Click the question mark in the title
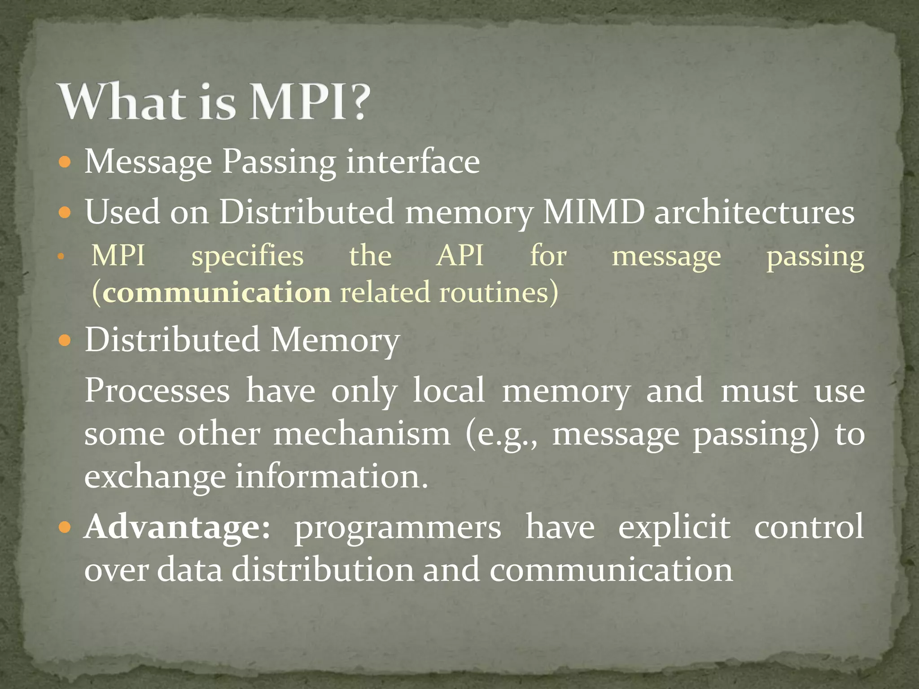(x=356, y=102)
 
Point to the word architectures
(x=754, y=212)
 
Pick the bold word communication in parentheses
(x=217, y=292)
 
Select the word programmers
(x=398, y=528)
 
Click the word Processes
(x=157, y=390)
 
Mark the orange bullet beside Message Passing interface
(x=65, y=162)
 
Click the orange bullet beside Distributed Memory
(x=65, y=340)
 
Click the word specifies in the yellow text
(x=248, y=257)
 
